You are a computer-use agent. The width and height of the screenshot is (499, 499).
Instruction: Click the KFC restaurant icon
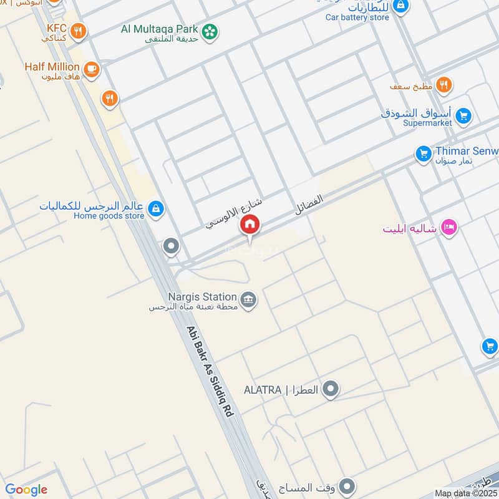(78, 31)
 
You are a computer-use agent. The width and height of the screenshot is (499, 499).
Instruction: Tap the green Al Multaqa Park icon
(210, 30)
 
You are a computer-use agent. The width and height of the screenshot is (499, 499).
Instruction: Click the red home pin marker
(250, 225)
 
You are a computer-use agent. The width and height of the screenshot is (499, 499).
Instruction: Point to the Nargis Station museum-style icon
(249, 300)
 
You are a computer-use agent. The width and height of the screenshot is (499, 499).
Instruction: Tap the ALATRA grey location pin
(331, 390)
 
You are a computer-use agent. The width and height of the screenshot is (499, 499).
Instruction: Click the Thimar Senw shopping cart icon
(424, 153)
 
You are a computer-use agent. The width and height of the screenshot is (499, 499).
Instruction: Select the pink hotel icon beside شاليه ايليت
(448, 228)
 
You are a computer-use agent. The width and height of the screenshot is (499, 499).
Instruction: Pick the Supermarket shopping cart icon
(463, 116)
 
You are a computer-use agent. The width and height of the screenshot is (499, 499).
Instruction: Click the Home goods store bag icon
(157, 208)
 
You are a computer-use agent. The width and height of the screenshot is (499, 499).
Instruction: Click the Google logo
(26, 490)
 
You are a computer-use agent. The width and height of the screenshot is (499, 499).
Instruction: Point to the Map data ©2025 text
(465, 493)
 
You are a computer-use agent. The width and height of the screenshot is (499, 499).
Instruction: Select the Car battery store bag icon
(402, 6)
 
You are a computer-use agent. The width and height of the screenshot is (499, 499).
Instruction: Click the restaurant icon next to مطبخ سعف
(443, 85)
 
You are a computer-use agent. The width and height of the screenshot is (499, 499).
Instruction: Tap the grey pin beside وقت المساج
(347, 486)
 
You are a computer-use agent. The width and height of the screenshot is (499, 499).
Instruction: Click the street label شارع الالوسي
(234, 213)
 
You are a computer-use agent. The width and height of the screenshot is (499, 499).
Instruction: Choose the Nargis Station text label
(202, 297)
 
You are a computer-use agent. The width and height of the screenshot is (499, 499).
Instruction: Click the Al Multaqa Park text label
(160, 29)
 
